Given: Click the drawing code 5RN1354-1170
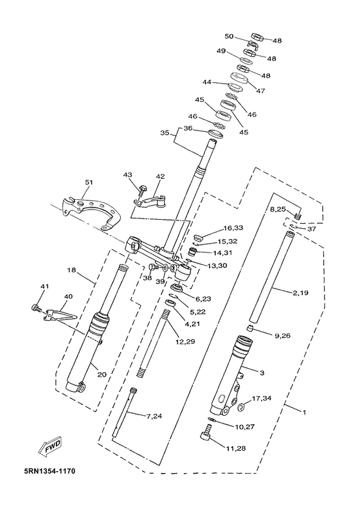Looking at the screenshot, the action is (50, 470).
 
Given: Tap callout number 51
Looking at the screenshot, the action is (89, 183).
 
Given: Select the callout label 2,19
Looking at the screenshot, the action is (300, 293).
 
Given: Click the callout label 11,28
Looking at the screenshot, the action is (237, 449).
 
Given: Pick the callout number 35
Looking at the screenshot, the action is (165, 133).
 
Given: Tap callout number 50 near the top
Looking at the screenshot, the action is (230, 36).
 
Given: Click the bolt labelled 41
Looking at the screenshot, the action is (36, 307).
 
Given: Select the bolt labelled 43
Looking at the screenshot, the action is (141, 190).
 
